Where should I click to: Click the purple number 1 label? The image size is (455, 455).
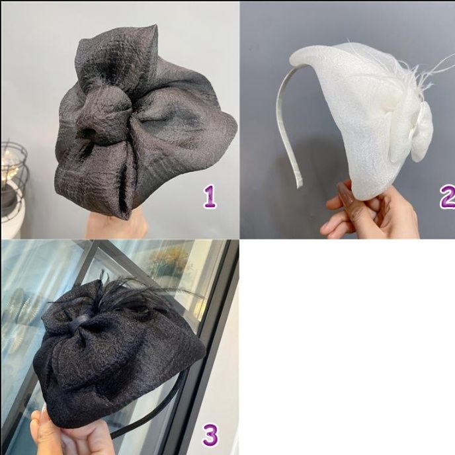pos(210,197)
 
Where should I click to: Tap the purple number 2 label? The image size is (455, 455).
pos(447,197)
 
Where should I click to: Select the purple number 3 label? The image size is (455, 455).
pos(210,434)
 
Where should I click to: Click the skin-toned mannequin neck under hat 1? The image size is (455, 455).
pos(119,225)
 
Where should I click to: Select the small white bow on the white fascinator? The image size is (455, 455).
pos(410,132)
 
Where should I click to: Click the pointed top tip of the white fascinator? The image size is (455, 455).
pos(296,58)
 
